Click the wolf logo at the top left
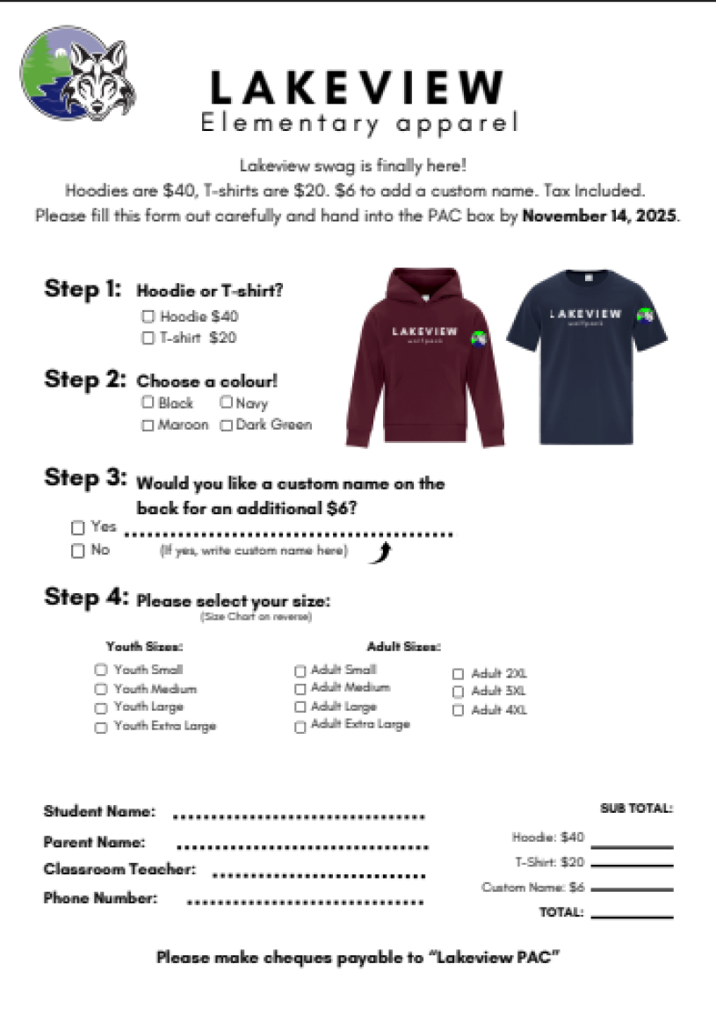point(77,73)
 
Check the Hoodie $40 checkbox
point(148,316)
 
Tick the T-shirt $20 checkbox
point(148,337)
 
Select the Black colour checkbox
point(148,402)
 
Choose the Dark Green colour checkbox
point(226,425)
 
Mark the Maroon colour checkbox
point(148,425)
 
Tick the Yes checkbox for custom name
point(78,528)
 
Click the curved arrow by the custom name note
point(380,553)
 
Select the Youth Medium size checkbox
point(100,690)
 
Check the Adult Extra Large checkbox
point(300,727)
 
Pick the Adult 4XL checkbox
point(458,711)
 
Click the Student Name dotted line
point(299,816)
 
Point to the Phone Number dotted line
point(305,903)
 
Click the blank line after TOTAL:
point(632,916)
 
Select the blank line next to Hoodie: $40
point(632,846)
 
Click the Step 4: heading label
point(86,598)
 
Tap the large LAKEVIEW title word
point(357,88)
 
